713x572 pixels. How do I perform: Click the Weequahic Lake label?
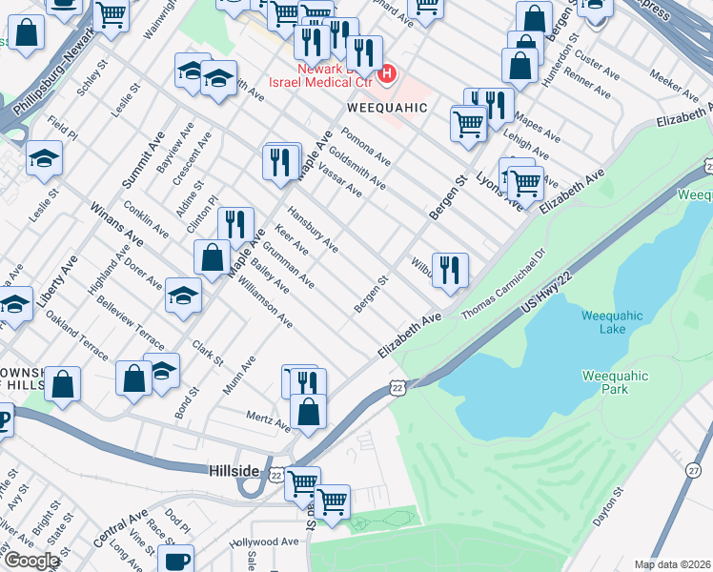click(614, 322)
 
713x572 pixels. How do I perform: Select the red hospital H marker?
click(387, 72)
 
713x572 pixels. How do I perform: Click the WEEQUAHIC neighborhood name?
click(394, 107)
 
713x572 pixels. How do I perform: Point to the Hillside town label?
click(234, 471)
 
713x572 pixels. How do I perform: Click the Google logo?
click(31, 561)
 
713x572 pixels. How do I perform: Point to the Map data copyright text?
click(673, 564)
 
